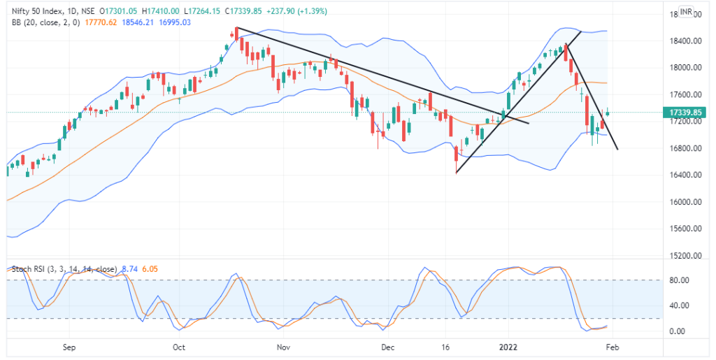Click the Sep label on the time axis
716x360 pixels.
(69, 346)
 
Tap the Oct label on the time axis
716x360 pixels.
(178, 346)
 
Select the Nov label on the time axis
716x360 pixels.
(283, 346)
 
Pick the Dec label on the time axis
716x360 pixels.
(389, 346)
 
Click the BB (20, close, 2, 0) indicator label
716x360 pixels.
(45, 22)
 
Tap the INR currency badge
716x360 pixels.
(687, 12)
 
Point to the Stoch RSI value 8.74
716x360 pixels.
(129, 268)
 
